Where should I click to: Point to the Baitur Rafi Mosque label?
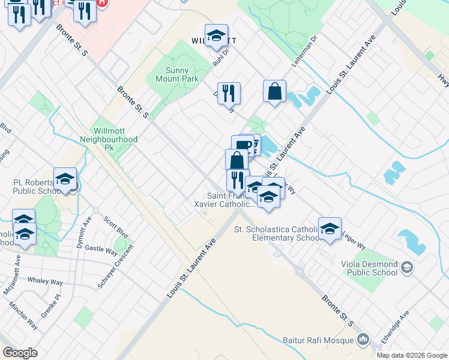click(x=323, y=340)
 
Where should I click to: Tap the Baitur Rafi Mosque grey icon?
click(x=363, y=340)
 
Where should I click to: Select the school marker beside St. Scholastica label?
click(x=330, y=229)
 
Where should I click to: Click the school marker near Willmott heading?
click(x=217, y=36)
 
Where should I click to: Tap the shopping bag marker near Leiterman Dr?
click(x=274, y=92)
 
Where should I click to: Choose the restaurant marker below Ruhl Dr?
click(x=229, y=94)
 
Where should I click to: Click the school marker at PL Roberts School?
click(x=65, y=179)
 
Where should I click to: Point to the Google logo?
click(x=20, y=353)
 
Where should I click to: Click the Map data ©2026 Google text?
click(x=411, y=355)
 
